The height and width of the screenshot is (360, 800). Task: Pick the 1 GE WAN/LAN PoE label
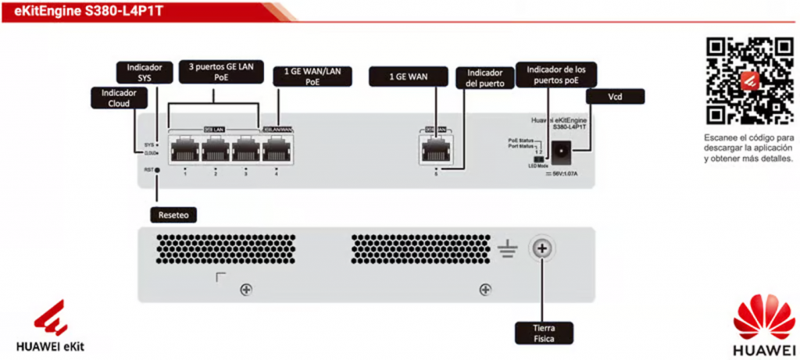[312, 76]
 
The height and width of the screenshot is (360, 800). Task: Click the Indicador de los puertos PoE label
[561, 74]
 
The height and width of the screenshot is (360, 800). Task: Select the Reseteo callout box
[172, 213]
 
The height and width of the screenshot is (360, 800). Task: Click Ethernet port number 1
[186, 149]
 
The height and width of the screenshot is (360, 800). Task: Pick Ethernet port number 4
[276, 149]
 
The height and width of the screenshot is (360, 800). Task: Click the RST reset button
[158, 169]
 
